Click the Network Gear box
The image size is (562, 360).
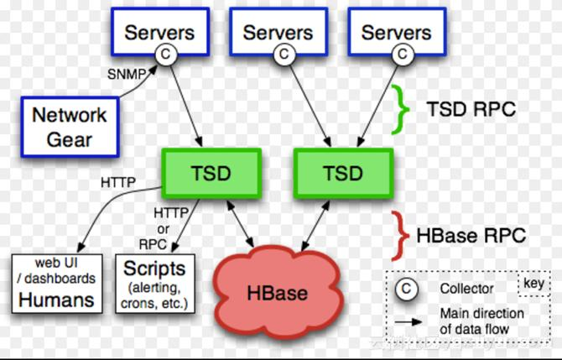coord(70,126)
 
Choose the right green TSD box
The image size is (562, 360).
coord(343,173)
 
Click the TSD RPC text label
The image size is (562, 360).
coord(471,111)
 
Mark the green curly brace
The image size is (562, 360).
coord(404,111)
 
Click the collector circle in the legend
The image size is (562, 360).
coord(407,290)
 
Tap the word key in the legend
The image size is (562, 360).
coord(533,282)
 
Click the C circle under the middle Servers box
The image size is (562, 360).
coord(285,55)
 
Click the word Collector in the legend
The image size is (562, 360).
coord(467,290)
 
